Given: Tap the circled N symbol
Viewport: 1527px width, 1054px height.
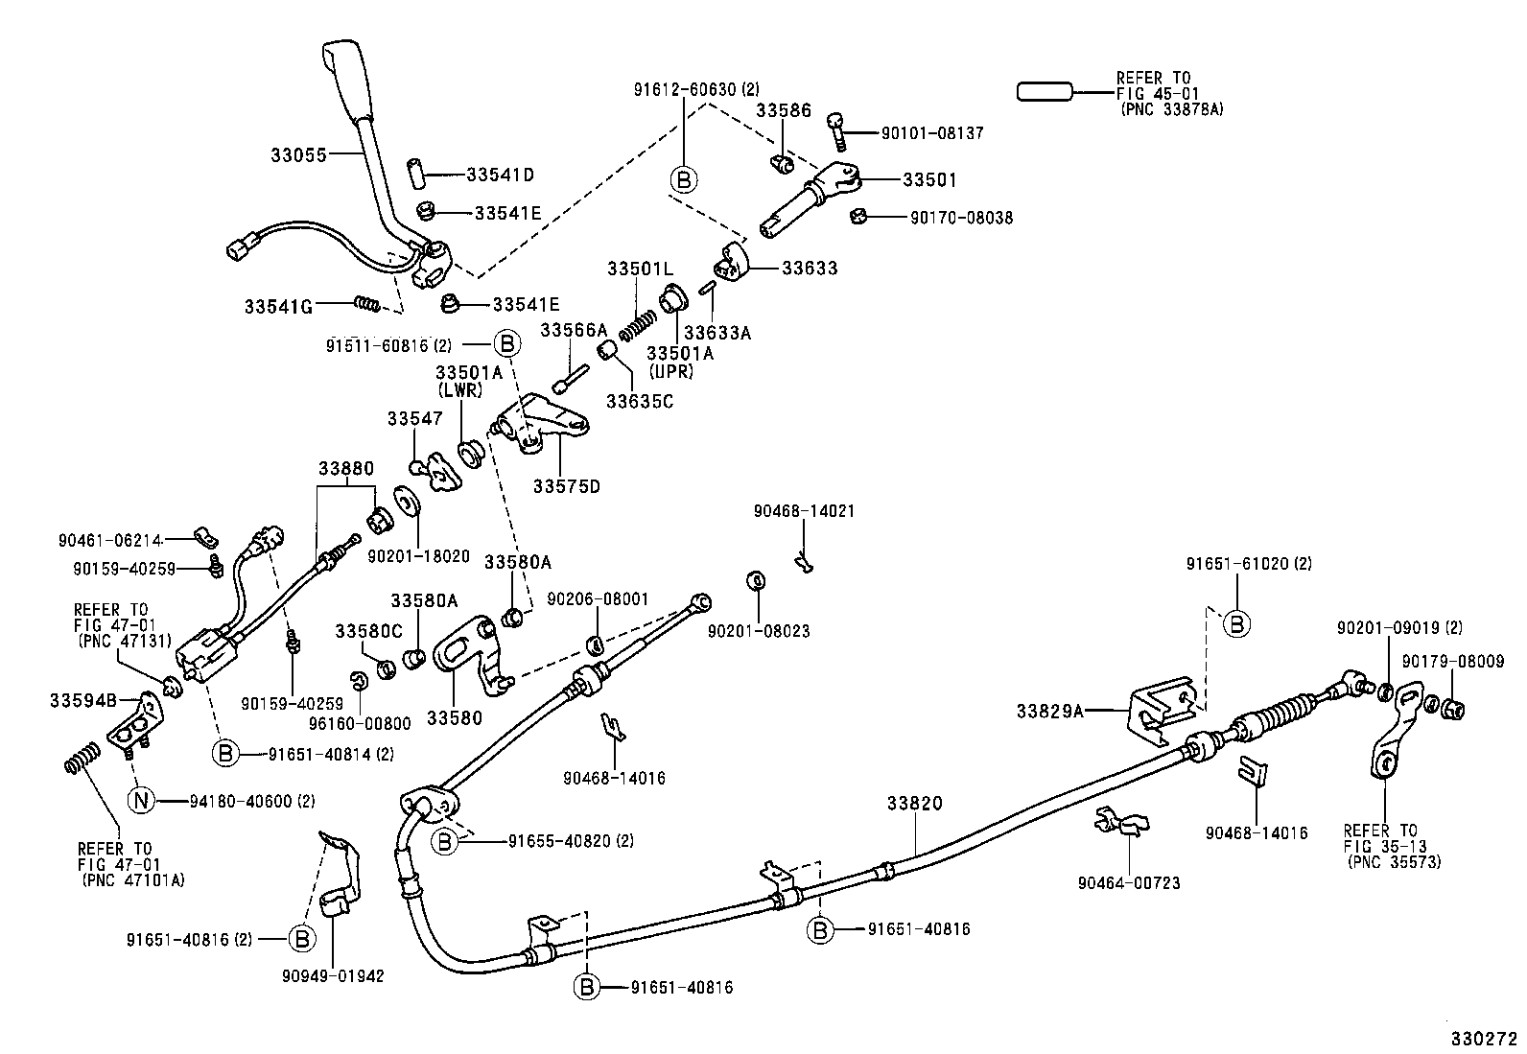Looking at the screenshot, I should click(x=140, y=800).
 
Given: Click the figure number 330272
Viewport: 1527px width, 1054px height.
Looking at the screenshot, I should click(x=1484, y=1038).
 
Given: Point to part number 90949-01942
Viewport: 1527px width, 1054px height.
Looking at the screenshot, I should click(x=333, y=976).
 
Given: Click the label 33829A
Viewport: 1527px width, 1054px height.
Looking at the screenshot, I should click(x=1050, y=711).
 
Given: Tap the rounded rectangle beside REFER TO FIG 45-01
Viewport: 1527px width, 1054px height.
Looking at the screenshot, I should click(x=1045, y=92).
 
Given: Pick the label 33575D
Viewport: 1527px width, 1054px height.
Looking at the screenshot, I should click(x=567, y=486).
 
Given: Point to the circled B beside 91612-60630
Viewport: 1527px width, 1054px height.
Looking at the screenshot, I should click(x=684, y=180).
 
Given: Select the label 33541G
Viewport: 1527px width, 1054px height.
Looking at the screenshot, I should click(x=278, y=306).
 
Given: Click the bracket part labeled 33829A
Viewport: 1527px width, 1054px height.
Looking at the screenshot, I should click(x=1163, y=708).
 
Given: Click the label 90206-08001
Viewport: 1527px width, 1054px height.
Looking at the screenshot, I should click(x=598, y=599).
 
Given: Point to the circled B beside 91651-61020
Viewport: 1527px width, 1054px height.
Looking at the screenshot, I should click(x=1237, y=624).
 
